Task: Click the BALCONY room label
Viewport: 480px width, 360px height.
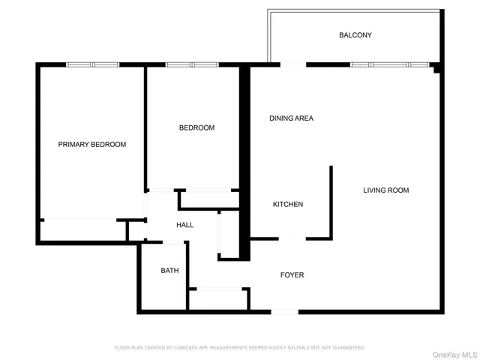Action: (x=355, y=35)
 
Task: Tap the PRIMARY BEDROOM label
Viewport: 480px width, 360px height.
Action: (x=92, y=145)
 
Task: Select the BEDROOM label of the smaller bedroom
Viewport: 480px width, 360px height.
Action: (x=196, y=128)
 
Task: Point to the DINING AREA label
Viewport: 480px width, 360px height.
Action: (x=291, y=118)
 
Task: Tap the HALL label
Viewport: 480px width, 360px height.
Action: (x=184, y=225)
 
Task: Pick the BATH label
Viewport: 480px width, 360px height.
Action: (x=169, y=271)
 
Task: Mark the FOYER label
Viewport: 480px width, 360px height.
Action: (x=292, y=275)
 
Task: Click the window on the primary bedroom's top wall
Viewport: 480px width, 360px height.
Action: (x=93, y=65)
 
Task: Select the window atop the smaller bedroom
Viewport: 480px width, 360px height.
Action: (x=191, y=65)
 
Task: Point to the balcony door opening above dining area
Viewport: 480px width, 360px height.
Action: (x=293, y=65)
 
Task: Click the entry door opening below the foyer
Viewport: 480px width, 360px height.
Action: (x=284, y=311)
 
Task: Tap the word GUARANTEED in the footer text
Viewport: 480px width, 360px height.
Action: (x=346, y=348)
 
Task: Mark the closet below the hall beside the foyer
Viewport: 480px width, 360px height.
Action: (x=218, y=298)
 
